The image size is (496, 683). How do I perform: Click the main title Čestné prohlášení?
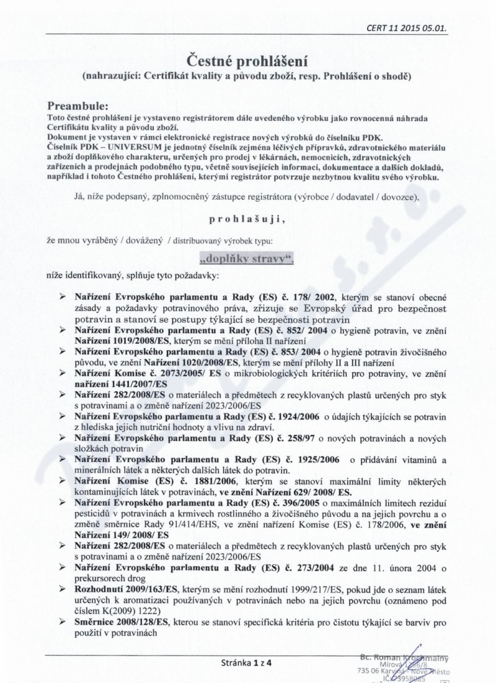click(247, 61)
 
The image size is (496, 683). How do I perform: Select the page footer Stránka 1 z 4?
click(247, 662)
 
